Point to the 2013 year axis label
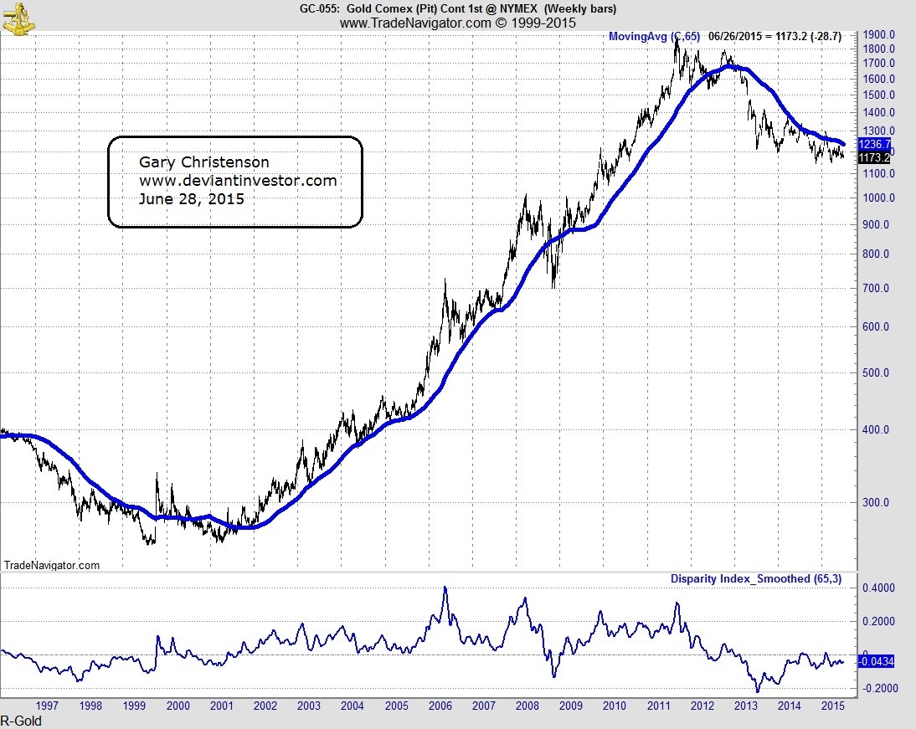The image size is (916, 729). pyautogui.click(x=745, y=706)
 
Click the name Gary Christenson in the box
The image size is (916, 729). pyautogui.click(x=203, y=162)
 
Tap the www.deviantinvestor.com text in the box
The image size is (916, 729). pyautogui.click(x=237, y=181)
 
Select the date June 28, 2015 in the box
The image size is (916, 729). pyautogui.click(x=191, y=199)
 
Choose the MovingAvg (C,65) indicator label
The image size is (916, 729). pyautogui.click(x=652, y=36)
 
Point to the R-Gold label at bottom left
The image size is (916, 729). pyautogui.click(x=21, y=721)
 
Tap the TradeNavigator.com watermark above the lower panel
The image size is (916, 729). pyautogui.click(x=52, y=566)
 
